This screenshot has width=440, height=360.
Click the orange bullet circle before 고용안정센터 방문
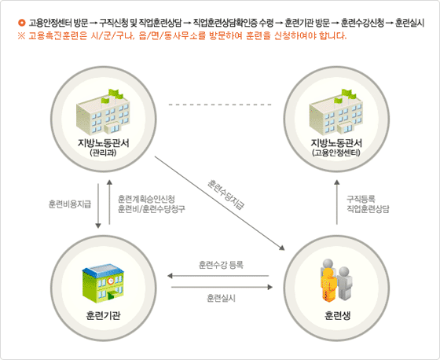click(x=22, y=23)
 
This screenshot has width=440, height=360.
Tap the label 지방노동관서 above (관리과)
click(x=103, y=143)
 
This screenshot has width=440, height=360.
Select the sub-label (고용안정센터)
click(x=336, y=153)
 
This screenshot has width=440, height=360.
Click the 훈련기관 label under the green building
click(x=103, y=316)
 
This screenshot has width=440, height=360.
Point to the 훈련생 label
click(x=337, y=316)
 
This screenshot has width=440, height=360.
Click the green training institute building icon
click(x=103, y=283)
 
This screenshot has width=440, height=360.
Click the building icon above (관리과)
click(x=103, y=112)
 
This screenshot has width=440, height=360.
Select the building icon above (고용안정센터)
click(x=336, y=112)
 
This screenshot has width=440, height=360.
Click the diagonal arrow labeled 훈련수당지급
click(x=220, y=203)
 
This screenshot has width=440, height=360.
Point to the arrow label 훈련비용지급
click(x=70, y=204)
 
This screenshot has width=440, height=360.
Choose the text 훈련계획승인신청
click(x=146, y=199)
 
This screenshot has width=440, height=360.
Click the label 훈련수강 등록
click(x=221, y=265)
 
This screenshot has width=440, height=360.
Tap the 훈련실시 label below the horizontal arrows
click(x=221, y=298)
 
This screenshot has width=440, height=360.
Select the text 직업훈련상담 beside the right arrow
click(x=368, y=209)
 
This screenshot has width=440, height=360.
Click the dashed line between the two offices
click(x=220, y=105)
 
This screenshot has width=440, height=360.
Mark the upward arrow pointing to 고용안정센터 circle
click(x=337, y=203)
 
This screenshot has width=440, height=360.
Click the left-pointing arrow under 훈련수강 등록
click(x=218, y=276)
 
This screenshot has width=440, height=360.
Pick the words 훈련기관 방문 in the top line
click(x=307, y=23)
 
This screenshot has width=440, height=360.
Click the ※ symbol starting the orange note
click(x=22, y=36)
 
